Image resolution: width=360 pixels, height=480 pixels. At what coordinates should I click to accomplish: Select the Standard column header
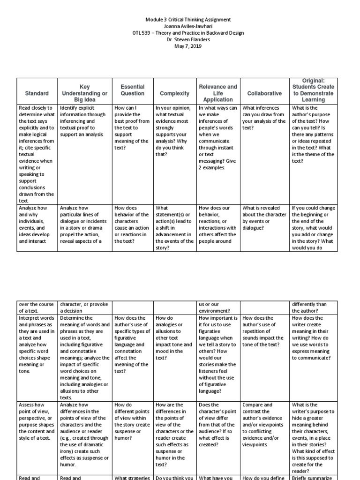37,93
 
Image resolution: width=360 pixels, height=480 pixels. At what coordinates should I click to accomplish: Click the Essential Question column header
133,90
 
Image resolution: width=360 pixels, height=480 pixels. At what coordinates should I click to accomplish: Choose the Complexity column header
174,93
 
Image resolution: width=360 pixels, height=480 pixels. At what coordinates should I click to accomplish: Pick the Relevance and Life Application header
218,93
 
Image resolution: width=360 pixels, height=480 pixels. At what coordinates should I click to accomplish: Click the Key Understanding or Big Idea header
84,93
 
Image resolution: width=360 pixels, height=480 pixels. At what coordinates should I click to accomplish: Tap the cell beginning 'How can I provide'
133,127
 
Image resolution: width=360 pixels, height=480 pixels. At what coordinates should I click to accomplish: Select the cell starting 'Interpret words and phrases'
37,344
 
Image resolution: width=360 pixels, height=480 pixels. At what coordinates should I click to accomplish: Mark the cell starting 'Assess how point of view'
37,418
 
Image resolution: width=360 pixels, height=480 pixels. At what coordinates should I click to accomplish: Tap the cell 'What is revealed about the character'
264,218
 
